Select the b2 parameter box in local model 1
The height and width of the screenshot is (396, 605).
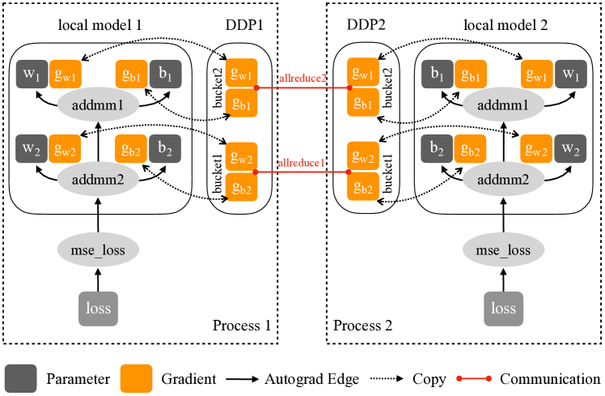pos(165,149)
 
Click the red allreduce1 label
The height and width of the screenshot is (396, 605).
pos(302,162)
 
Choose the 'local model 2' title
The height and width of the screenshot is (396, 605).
pos(506,25)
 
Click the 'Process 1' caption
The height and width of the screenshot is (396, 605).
pos(241,326)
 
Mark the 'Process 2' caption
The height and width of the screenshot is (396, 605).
pos(363,326)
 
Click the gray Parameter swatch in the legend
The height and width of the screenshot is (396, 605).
pos(20,378)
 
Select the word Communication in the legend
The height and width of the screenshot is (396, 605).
pos(551,378)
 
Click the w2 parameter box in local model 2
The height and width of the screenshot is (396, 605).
pos(572,149)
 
